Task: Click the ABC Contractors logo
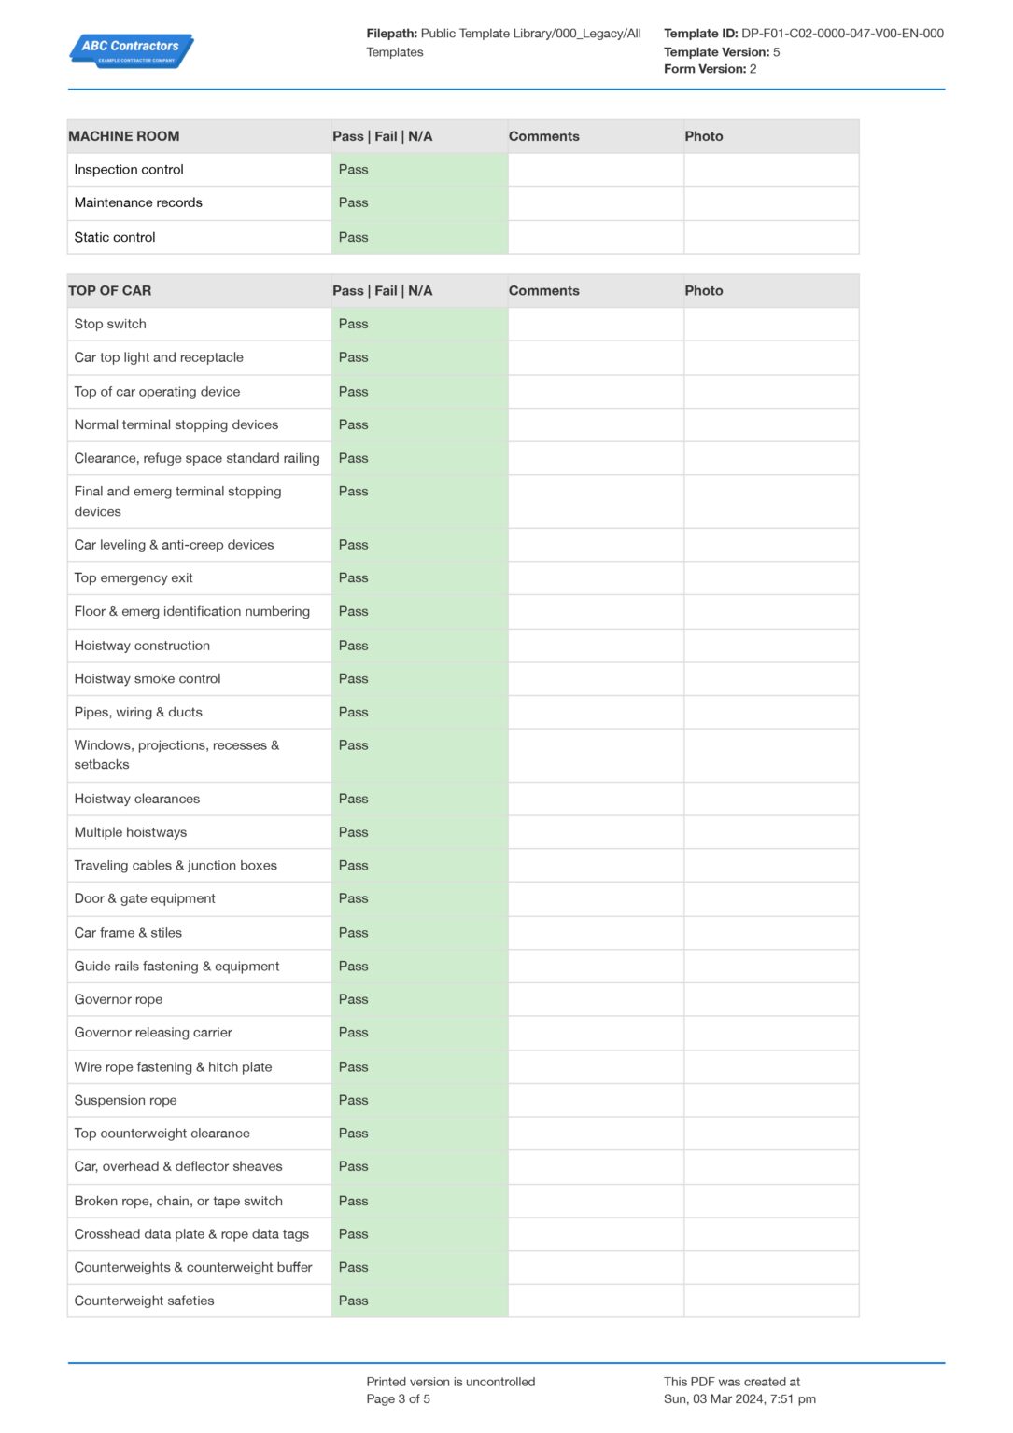coord(131,50)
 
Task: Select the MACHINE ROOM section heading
coord(124,136)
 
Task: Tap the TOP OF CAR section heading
coord(110,291)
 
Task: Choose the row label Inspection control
coord(129,170)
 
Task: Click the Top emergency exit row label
coord(134,578)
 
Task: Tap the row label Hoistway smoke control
coord(148,679)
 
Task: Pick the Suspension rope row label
coord(126,1101)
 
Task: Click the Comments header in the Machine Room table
coord(544,136)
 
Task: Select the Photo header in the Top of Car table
coord(704,291)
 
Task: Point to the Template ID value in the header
coord(842,34)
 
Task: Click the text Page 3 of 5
coord(399,1399)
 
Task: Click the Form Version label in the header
coord(705,69)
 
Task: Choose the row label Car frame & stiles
coord(128,933)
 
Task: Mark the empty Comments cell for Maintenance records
coord(596,203)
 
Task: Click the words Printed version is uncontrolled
coord(451,1383)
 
